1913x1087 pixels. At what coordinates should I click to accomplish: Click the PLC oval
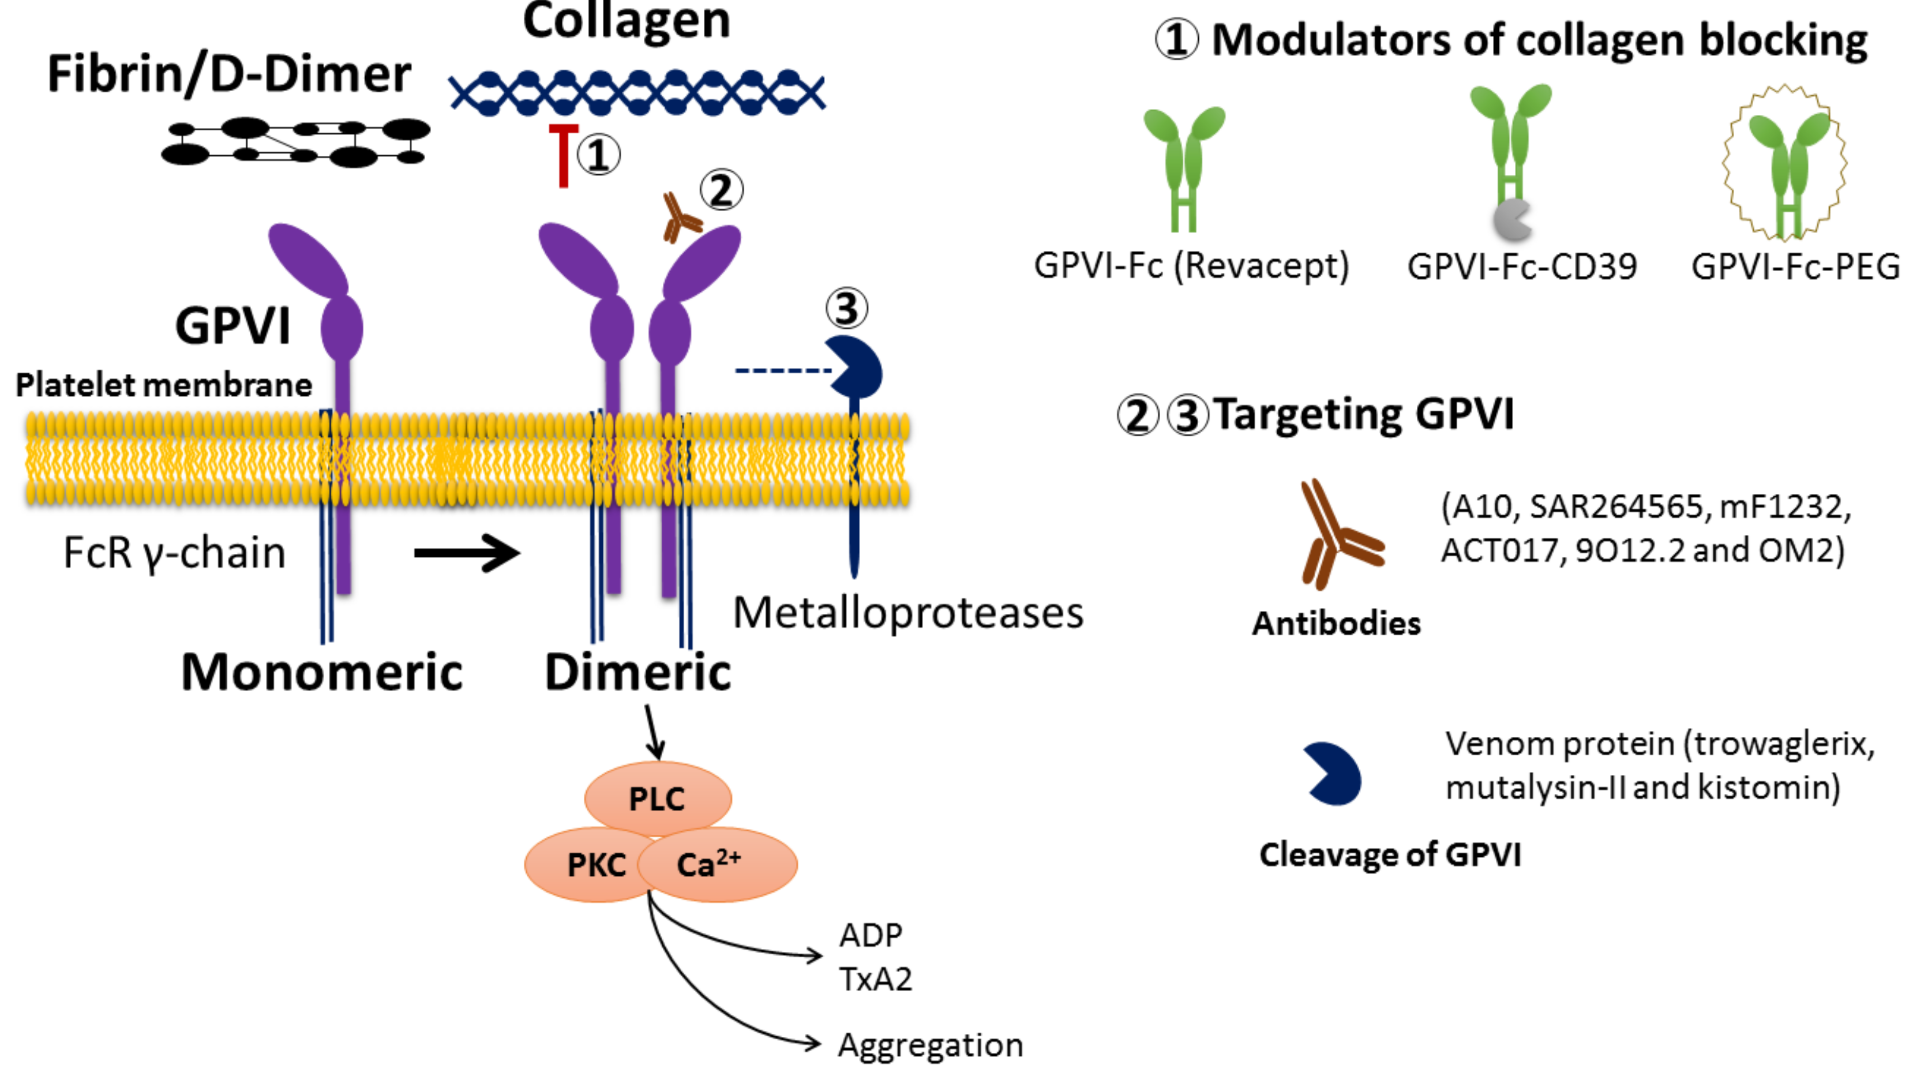click(x=658, y=798)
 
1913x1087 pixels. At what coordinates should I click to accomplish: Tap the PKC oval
click(x=590, y=864)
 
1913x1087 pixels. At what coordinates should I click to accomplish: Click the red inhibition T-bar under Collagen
click(x=564, y=156)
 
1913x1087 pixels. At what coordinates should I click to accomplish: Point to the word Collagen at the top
click(x=626, y=21)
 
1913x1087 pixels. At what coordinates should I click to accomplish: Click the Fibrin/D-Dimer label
click(x=229, y=74)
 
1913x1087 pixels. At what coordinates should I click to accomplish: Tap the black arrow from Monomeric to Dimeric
click(x=467, y=553)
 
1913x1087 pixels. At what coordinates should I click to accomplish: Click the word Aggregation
click(x=931, y=1046)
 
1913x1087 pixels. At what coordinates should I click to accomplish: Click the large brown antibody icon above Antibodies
click(x=1341, y=534)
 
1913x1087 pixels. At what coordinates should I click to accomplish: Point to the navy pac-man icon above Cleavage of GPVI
click(x=1332, y=774)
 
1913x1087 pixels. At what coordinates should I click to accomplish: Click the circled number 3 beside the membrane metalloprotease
click(x=846, y=308)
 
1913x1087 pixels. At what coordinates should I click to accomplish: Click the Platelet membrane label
click(x=163, y=385)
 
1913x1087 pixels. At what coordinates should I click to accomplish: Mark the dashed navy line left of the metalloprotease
click(x=783, y=370)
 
